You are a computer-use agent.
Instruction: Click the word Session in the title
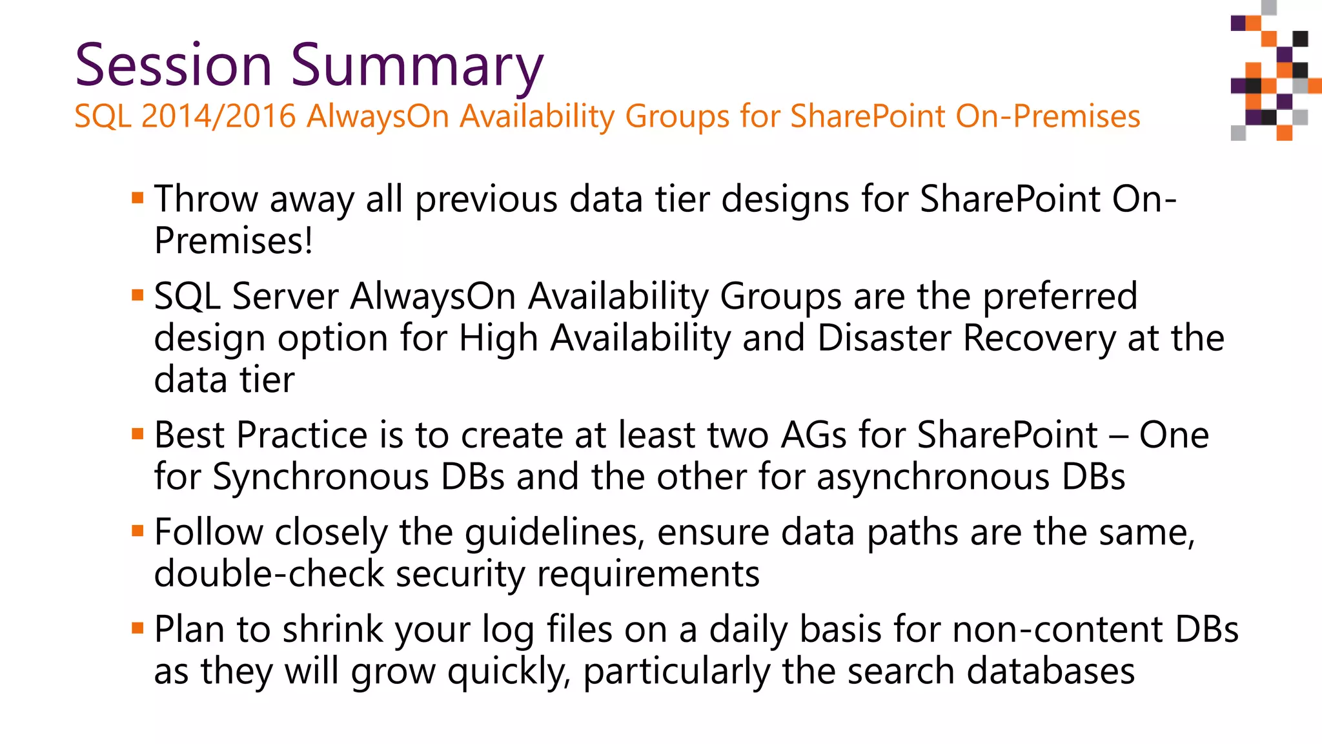pyautogui.click(x=173, y=65)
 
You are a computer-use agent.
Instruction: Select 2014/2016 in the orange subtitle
pyautogui.click(x=218, y=117)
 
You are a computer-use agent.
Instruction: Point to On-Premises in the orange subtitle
pyautogui.click(x=1048, y=117)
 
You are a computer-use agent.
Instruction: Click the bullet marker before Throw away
pyautogui.click(x=137, y=198)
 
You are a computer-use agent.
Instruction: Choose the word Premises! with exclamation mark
pyautogui.click(x=234, y=241)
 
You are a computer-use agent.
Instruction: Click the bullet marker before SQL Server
pyautogui.click(x=137, y=296)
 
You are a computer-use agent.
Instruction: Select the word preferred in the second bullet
pyautogui.click(x=1059, y=297)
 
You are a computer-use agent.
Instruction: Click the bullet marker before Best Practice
pyautogui.click(x=137, y=434)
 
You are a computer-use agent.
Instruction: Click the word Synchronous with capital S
pyautogui.click(x=321, y=478)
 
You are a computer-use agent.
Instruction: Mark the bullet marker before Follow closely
pyautogui.click(x=137, y=532)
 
